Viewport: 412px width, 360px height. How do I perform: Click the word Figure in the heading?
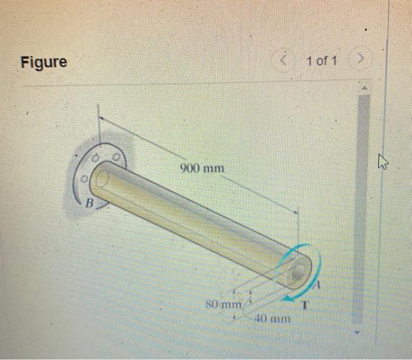coord(44,61)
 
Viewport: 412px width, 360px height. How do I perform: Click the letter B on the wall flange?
coord(90,204)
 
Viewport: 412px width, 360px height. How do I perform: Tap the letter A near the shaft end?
coord(316,286)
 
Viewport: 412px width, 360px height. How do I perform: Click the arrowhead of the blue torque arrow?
coord(284,298)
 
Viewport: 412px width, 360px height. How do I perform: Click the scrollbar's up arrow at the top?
coord(363,89)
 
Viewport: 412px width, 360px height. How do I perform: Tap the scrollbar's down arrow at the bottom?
coord(363,331)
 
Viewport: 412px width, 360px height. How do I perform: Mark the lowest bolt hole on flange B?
coord(85,176)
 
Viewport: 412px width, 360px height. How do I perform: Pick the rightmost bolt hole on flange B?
coord(117,158)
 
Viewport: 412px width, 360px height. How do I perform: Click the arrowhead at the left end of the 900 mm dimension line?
coord(101,118)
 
